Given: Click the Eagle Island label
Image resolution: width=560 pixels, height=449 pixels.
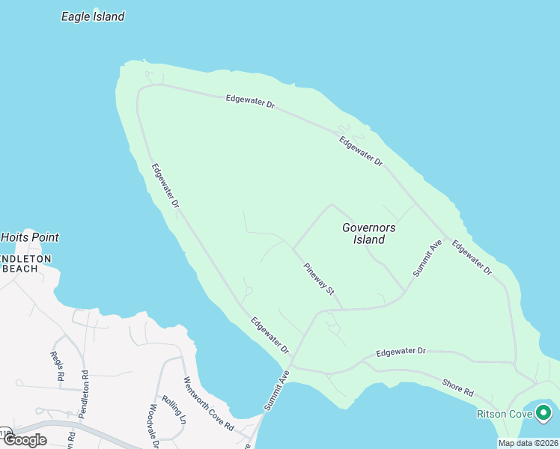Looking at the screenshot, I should [x=93, y=16].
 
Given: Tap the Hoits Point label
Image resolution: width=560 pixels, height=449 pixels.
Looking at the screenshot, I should [x=30, y=237].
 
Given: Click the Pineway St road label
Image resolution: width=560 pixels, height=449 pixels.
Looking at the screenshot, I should [x=319, y=278].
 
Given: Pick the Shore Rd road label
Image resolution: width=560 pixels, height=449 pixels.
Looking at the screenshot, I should [x=458, y=386].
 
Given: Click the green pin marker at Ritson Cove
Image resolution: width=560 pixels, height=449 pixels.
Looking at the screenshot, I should [x=543, y=412].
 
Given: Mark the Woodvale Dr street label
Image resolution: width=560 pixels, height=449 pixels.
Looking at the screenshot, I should [x=152, y=425].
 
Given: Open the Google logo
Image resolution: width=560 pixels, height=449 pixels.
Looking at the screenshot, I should [x=25, y=440].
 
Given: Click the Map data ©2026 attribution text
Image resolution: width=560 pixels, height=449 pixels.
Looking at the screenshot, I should [x=527, y=443].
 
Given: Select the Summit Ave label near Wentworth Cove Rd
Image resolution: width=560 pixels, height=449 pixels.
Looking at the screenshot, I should [x=276, y=390].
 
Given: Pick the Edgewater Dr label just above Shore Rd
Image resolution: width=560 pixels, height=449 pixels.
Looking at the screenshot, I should [x=401, y=351].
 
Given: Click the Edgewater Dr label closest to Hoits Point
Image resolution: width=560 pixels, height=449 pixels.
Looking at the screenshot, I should [x=165, y=186].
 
